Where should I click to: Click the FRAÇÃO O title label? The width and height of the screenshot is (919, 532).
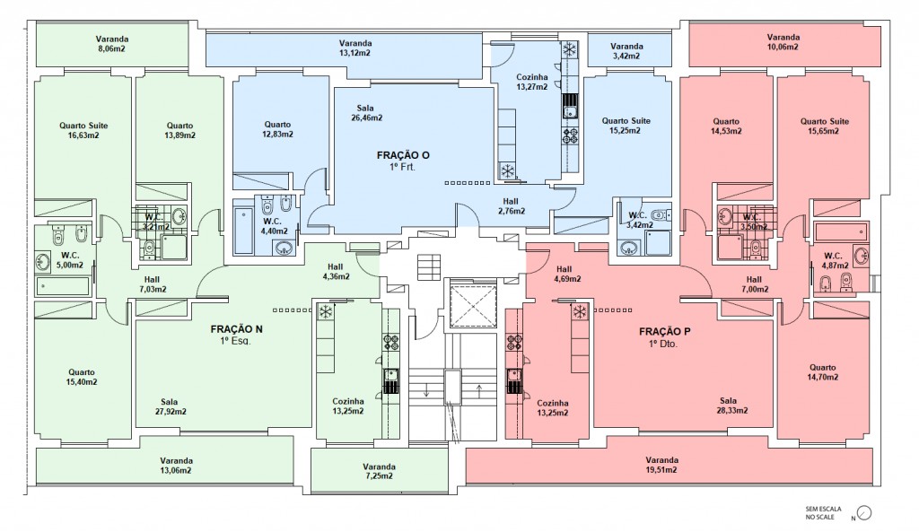click(x=403, y=155)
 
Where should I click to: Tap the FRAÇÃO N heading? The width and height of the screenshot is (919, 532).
click(x=236, y=329)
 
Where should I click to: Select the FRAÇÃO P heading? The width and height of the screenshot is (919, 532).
click(x=665, y=332)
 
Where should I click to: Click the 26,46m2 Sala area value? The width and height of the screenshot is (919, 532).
click(x=366, y=118)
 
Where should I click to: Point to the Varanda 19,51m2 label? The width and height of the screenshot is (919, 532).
click(x=661, y=465)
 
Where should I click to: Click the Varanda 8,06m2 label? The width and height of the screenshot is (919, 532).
click(x=111, y=44)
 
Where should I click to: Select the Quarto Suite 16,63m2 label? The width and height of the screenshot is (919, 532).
click(x=83, y=130)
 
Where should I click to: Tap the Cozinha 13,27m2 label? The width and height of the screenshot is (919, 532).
click(x=531, y=82)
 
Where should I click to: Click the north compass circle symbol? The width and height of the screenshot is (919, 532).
click(x=864, y=513)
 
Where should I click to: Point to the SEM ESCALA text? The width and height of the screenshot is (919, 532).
click(x=823, y=510)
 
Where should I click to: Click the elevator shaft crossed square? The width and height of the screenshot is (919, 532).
click(x=472, y=303)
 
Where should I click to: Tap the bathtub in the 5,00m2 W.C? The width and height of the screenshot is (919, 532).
click(x=63, y=286)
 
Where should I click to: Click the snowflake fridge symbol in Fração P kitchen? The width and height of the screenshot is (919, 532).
click(x=580, y=311)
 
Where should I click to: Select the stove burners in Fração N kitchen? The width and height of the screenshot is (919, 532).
click(x=391, y=342)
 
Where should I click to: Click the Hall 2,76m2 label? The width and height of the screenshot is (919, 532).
click(x=511, y=206)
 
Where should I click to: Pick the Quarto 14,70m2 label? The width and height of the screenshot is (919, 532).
click(x=822, y=372)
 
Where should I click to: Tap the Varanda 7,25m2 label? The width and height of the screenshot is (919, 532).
click(x=380, y=471)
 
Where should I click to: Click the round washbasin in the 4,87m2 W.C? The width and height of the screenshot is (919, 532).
click(x=862, y=256)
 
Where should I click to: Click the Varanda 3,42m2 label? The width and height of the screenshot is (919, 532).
click(x=626, y=51)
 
